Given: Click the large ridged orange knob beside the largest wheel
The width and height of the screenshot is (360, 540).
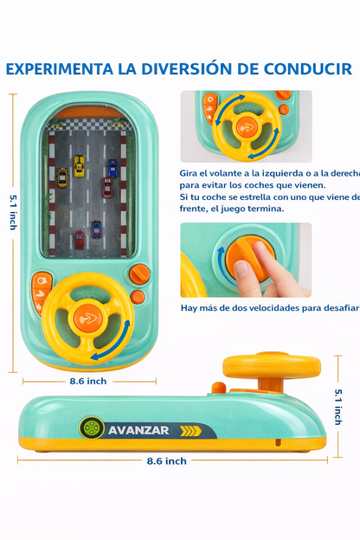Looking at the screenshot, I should click(138, 274).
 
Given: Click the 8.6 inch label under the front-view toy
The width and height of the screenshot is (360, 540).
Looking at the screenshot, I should click(88, 381).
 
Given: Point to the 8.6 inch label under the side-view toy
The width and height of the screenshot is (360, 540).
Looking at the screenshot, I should click(165, 461).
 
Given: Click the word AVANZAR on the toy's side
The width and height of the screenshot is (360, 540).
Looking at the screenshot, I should click(140, 429).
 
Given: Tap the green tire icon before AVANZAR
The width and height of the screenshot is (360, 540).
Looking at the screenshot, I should click(92, 428).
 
